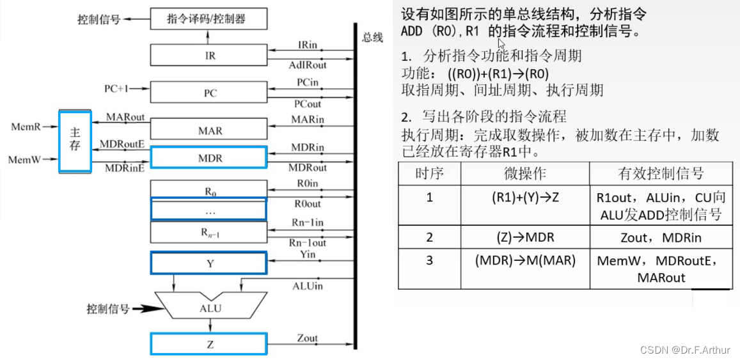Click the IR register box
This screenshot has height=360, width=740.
tap(209, 55)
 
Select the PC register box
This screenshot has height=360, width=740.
tap(209, 93)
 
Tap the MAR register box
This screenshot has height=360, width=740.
tap(209, 130)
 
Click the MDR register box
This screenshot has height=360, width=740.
tap(209, 157)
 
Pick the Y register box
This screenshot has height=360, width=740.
tap(209, 263)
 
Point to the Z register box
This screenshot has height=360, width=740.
tap(209, 344)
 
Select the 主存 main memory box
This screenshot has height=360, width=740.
tap(75, 141)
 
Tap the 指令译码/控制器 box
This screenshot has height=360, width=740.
tap(209, 19)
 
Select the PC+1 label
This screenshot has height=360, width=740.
tap(116, 89)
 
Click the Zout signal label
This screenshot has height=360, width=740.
tap(308, 338)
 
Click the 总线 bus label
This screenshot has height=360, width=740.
tap(372, 38)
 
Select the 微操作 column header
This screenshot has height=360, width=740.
tap(525, 173)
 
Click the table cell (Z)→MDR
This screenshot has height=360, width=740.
tap(525, 237)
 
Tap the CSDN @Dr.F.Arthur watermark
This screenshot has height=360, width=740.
tap(685, 350)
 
